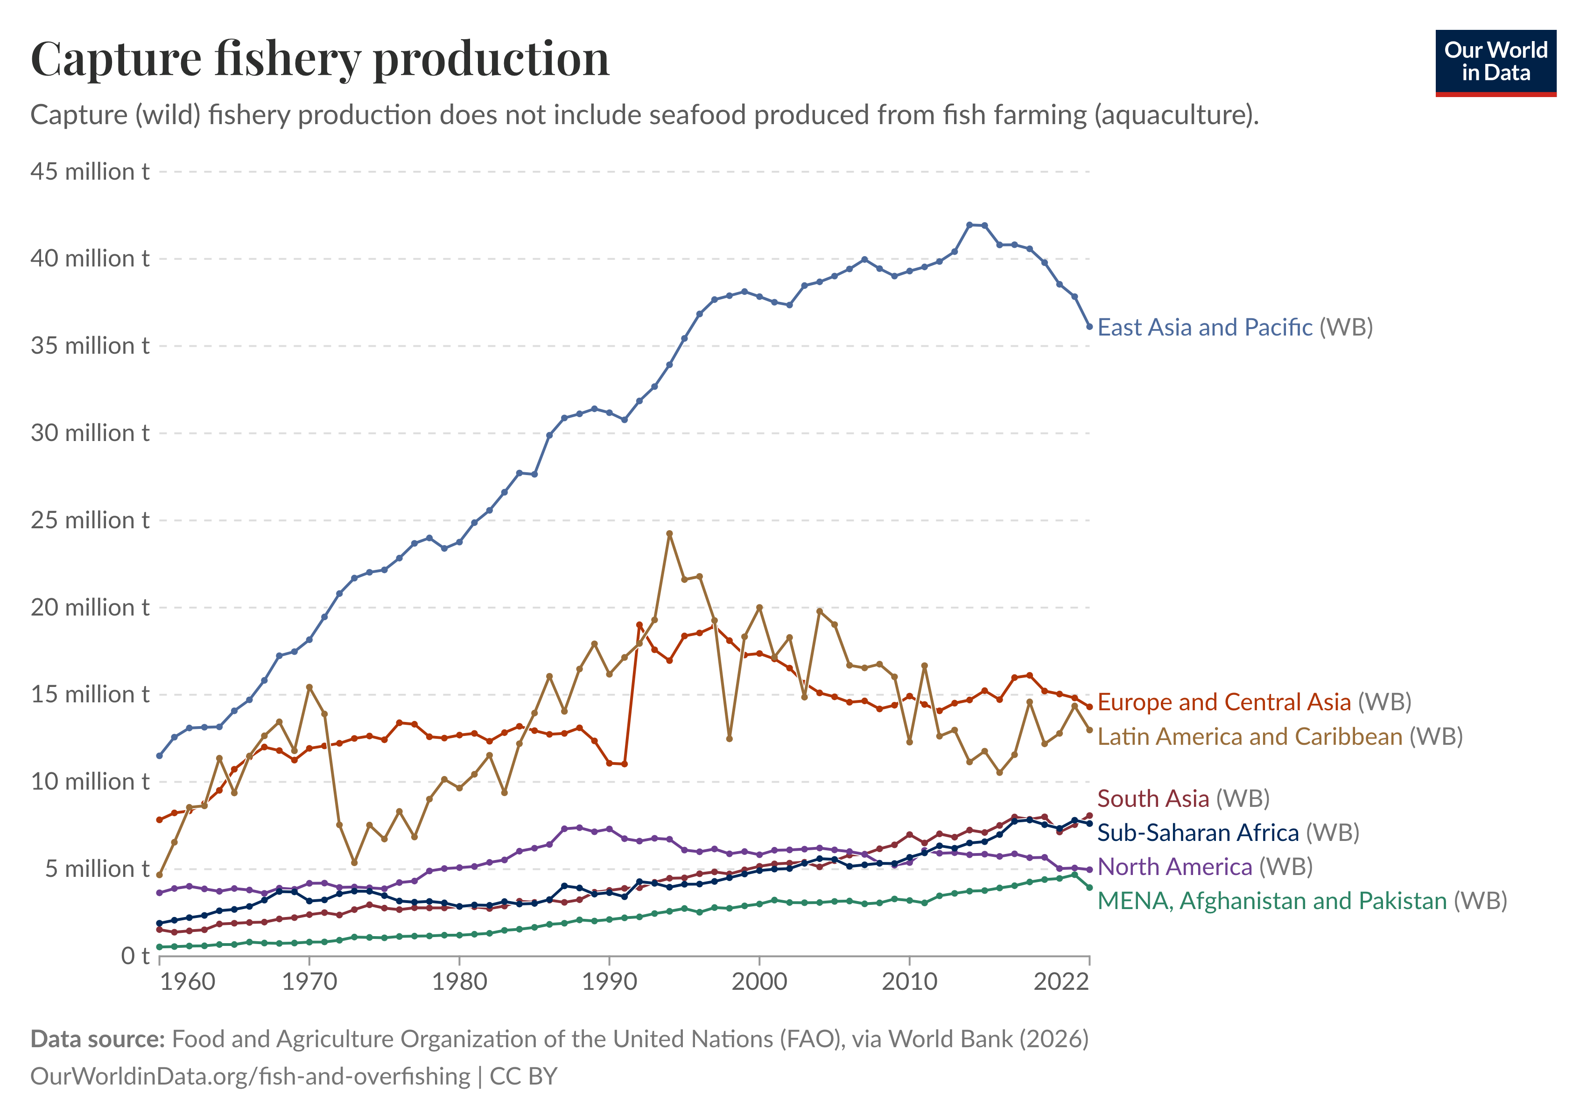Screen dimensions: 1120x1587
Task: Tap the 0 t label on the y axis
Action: pyautogui.click(x=135, y=956)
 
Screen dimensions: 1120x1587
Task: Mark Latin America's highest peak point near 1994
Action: pyautogui.click(x=669, y=533)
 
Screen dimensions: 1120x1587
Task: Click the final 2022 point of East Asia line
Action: pyautogui.click(x=1089, y=327)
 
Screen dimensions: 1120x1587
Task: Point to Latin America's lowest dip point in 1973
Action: pyautogui.click(x=354, y=863)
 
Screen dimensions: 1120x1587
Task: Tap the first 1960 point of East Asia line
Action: pyautogui.click(x=160, y=756)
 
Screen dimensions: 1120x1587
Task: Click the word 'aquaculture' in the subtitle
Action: pyautogui.click(x=1173, y=115)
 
